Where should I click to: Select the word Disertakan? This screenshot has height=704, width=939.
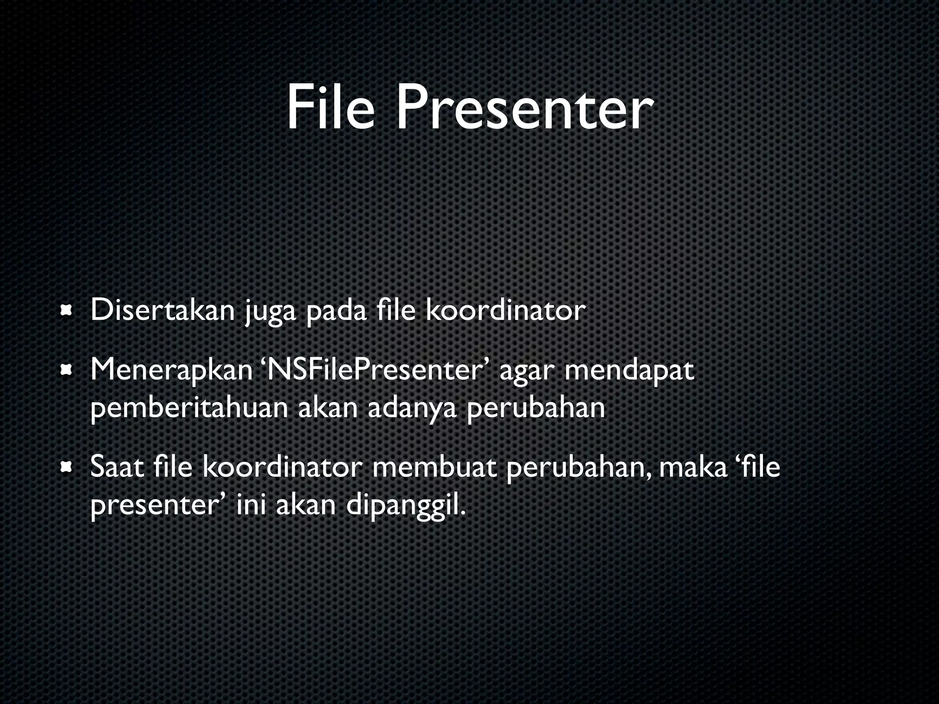[162, 310]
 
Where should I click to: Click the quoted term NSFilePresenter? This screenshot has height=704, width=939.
[376, 370]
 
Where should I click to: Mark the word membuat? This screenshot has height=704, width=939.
[435, 467]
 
